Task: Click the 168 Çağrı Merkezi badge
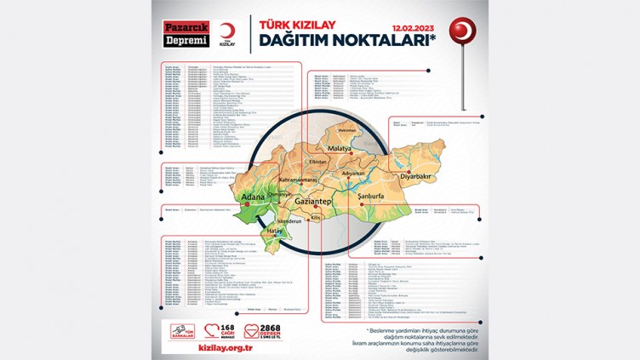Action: click(221, 329)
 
